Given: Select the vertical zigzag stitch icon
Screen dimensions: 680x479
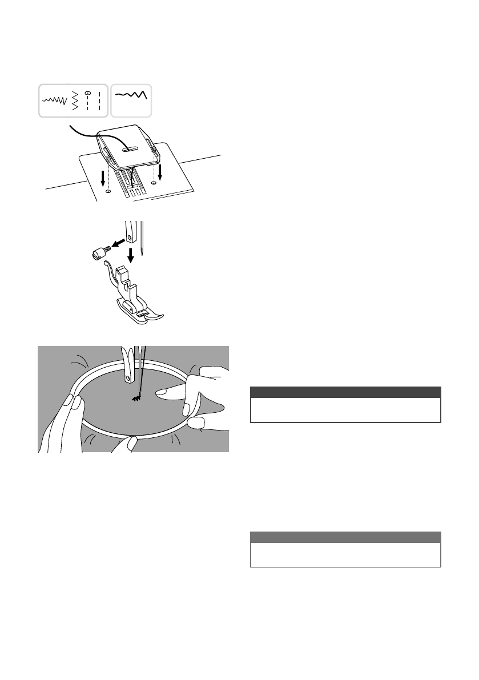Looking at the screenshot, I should point(75,100).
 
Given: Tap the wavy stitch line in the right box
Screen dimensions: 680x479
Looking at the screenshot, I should point(132,95).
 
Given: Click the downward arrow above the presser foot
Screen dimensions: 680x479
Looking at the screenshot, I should point(131,255).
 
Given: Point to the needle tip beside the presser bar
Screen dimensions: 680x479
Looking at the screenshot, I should point(146,252).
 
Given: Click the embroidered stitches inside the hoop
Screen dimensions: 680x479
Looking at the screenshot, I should point(137,402).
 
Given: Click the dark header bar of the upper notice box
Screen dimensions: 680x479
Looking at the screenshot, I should point(345,392).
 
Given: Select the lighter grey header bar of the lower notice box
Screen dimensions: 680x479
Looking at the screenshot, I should point(345,537).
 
